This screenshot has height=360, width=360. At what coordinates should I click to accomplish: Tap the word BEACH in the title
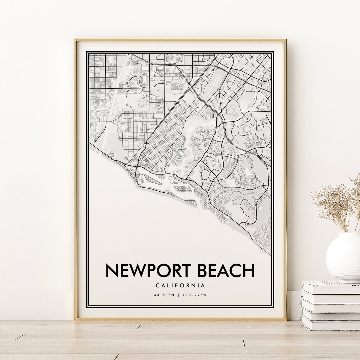[x=226, y=270]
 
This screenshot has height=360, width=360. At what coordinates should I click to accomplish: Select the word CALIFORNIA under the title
[x=180, y=285]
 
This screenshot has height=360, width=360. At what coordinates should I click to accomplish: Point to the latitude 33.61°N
[x=164, y=295]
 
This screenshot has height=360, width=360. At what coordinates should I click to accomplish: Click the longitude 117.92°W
[x=195, y=295]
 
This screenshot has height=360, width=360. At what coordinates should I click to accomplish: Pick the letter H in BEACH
[x=248, y=270]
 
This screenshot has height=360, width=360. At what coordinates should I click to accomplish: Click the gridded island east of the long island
[x=183, y=189]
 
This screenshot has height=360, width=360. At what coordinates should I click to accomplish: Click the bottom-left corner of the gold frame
[x=75, y=320]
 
